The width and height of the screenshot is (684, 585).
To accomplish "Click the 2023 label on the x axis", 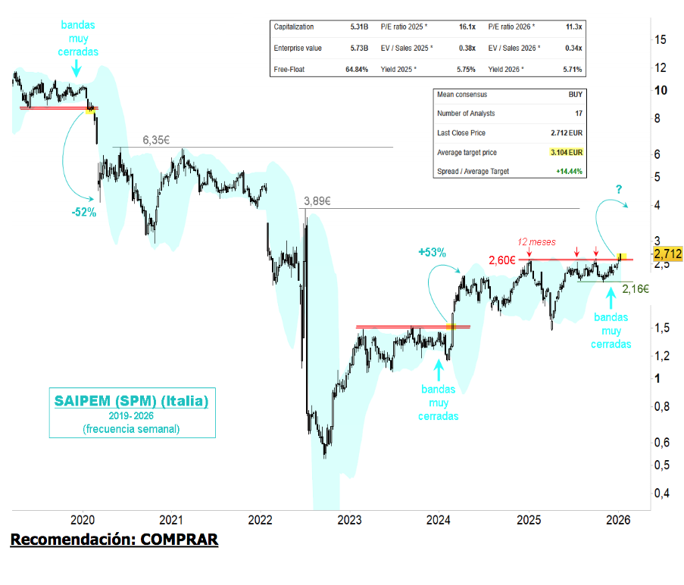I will [349, 520].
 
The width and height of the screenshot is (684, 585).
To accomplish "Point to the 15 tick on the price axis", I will [661, 39].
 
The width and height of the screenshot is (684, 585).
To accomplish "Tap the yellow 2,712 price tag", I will [668, 254].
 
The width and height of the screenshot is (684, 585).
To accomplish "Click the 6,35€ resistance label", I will [156, 140].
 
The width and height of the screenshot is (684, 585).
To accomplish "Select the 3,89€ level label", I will [317, 201].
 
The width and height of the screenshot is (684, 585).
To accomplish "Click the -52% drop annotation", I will [83, 213].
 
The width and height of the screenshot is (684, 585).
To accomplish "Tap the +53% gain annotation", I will [432, 252].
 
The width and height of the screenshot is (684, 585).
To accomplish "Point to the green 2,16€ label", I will [635, 288].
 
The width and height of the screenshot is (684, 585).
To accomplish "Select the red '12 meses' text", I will [535, 242].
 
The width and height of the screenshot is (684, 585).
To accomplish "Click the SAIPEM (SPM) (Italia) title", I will [130, 400].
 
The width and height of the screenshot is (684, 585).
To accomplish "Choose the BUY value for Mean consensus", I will [575, 95].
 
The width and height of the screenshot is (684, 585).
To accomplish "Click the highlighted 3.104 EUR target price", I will [567, 152].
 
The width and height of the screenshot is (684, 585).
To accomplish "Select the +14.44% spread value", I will [569, 172].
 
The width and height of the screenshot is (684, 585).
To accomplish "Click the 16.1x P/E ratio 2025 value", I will [467, 26].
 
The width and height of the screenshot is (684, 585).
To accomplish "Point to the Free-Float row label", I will [290, 70].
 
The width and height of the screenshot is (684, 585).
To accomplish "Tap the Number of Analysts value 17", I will [579, 114].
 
